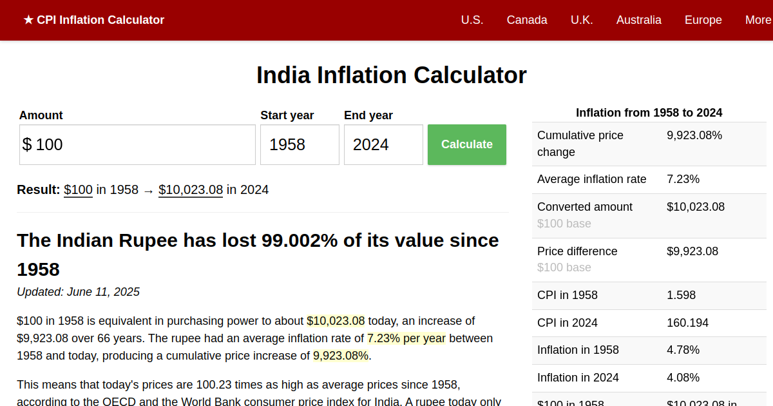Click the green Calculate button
pos(466,144)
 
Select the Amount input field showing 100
pos(137,144)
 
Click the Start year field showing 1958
pos(300,144)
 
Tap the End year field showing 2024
pos(383,144)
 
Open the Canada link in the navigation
pos(527,20)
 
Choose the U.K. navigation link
pos(582,20)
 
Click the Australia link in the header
pos(638,20)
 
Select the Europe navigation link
pos(703,20)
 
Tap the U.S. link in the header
pos(472,20)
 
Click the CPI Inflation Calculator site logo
pos(94,20)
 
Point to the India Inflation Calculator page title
pos(391,75)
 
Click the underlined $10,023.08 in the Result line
pos(191,189)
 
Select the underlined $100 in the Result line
pos(78,189)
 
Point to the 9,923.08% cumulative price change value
pos(694,135)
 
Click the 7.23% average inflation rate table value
pos(683,179)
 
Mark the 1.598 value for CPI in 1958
pos(681,295)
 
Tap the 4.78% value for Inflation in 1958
pos(683,350)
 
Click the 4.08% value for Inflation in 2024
pos(683,378)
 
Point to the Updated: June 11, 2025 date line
pos(78,292)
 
